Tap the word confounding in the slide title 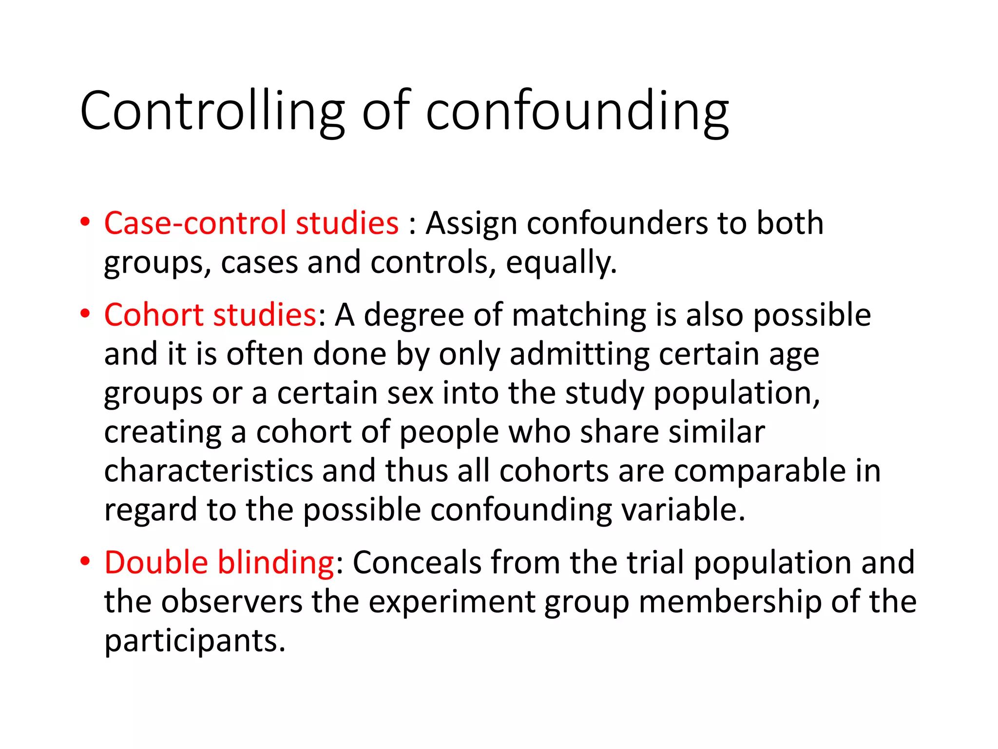(577, 111)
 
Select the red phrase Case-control (195, 223)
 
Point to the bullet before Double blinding (85, 561)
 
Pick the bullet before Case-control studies (85, 222)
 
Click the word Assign (471, 223)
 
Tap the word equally (561, 263)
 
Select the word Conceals (417, 562)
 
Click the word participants (195, 641)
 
